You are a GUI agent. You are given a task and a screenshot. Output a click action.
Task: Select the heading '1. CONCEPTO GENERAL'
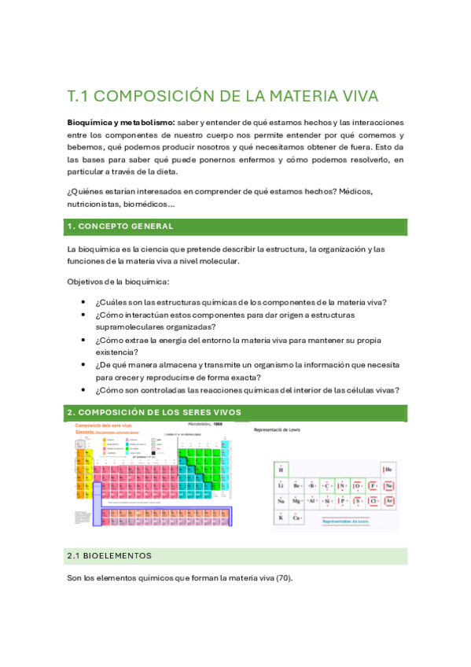[x=120, y=227]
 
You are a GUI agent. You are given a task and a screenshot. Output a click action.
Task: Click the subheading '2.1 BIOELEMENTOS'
[x=109, y=555]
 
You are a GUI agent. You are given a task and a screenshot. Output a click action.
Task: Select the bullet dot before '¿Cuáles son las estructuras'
[x=83, y=303]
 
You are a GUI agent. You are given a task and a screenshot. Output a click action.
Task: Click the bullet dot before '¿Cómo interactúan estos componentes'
[x=83, y=315]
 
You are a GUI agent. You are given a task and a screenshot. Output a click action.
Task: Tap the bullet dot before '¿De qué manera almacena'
[x=83, y=366]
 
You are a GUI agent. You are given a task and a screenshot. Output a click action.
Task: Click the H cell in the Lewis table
[x=281, y=470]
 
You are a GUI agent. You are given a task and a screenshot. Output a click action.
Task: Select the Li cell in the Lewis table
[x=281, y=485]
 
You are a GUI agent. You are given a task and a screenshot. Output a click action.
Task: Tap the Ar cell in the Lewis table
[x=388, y=501]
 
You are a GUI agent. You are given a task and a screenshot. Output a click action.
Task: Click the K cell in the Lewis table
[x=281, y=517]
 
